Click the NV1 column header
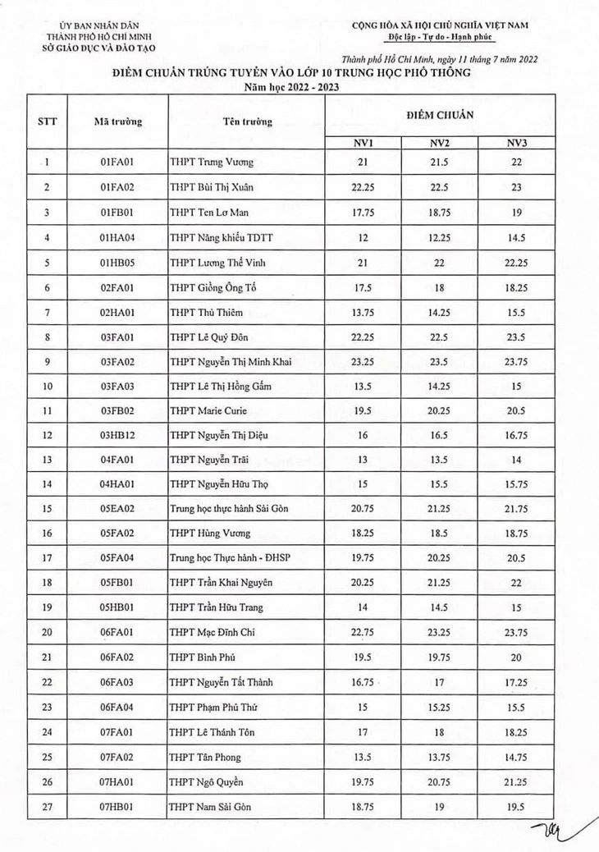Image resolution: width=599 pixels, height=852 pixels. (363, 144)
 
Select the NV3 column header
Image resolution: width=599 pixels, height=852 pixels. (516, 144)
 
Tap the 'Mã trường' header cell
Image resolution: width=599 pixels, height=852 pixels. (117, 122)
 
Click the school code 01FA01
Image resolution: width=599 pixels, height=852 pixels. (117, 162)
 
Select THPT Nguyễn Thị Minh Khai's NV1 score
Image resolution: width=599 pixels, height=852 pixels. (363, 362)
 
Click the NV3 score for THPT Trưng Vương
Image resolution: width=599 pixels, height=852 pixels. (516, 162)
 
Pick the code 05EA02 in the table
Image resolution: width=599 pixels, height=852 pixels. (117, 509)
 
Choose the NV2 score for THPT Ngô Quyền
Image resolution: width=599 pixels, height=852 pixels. (440, 781)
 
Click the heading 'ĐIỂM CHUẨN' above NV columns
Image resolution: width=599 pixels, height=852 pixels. (439, 116)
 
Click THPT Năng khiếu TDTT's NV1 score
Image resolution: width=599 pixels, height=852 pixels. (363, 237)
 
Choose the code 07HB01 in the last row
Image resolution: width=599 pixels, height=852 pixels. (117, 807)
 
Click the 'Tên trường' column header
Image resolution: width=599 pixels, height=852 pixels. (246, 122)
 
